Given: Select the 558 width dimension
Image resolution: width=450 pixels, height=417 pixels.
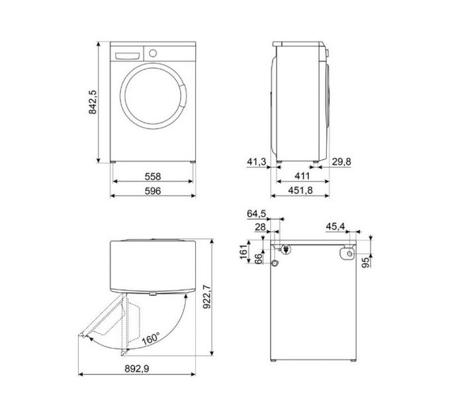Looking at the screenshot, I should click(x=152, y=177).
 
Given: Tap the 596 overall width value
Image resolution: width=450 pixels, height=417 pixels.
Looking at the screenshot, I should click(x=152, y=191).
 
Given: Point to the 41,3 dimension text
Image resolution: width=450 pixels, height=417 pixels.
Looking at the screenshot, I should click(x=255, y=161).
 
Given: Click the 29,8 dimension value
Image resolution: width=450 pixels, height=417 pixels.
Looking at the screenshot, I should click(x=341, y=161).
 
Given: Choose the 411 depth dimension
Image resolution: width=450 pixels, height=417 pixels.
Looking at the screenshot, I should click(x=302, y=177).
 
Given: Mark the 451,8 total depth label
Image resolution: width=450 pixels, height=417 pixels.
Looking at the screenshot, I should click(x=302, y=191).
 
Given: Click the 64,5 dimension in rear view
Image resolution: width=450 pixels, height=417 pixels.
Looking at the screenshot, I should click(x=256, y=213).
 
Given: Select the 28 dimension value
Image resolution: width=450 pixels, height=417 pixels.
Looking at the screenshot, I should click(x=260, y=227).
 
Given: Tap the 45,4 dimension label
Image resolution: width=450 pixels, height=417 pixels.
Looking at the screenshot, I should click(x=336, y=227).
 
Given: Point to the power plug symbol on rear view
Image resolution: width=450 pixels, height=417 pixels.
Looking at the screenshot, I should click(x=285, y=250).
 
